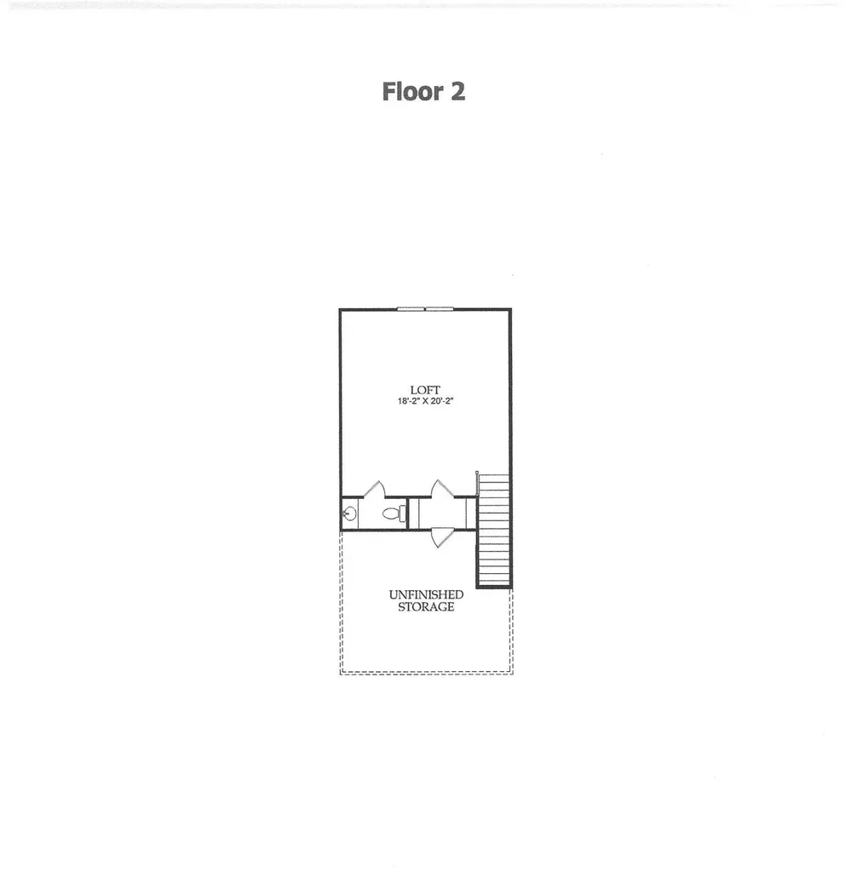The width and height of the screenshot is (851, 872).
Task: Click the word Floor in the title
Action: (x=412, y=92)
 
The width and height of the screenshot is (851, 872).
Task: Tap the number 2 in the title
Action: (x=457, y=92)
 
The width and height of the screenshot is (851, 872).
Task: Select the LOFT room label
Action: (x=426, y=390)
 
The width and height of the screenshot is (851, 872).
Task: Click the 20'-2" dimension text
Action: (x=443, y=401)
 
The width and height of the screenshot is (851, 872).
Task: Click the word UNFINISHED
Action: (x=426, y=594)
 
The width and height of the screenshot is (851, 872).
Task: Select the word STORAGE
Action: (x=426, y=606)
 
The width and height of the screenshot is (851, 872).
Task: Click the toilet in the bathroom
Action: (x=395, y=513)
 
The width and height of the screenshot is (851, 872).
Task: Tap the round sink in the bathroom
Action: (x=349, y=513)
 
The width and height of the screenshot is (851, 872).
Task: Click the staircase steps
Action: (x=494, y=530)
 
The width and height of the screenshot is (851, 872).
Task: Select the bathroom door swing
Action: (x=375, y=489)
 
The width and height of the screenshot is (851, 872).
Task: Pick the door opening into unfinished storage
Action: (x=442, y=537)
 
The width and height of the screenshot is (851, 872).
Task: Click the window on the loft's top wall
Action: (x=426, y=308)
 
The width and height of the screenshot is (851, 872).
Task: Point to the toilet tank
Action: (x=403, y=513)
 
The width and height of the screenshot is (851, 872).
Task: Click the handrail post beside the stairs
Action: (x=477, y=483)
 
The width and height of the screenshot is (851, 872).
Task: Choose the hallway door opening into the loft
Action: (x=443, y=488)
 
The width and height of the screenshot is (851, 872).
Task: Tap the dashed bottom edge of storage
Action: (x=427, y=674)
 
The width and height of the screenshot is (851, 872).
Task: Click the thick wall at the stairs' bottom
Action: (x=494, y=586)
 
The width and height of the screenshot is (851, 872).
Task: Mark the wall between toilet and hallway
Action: (x=409, y=513)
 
